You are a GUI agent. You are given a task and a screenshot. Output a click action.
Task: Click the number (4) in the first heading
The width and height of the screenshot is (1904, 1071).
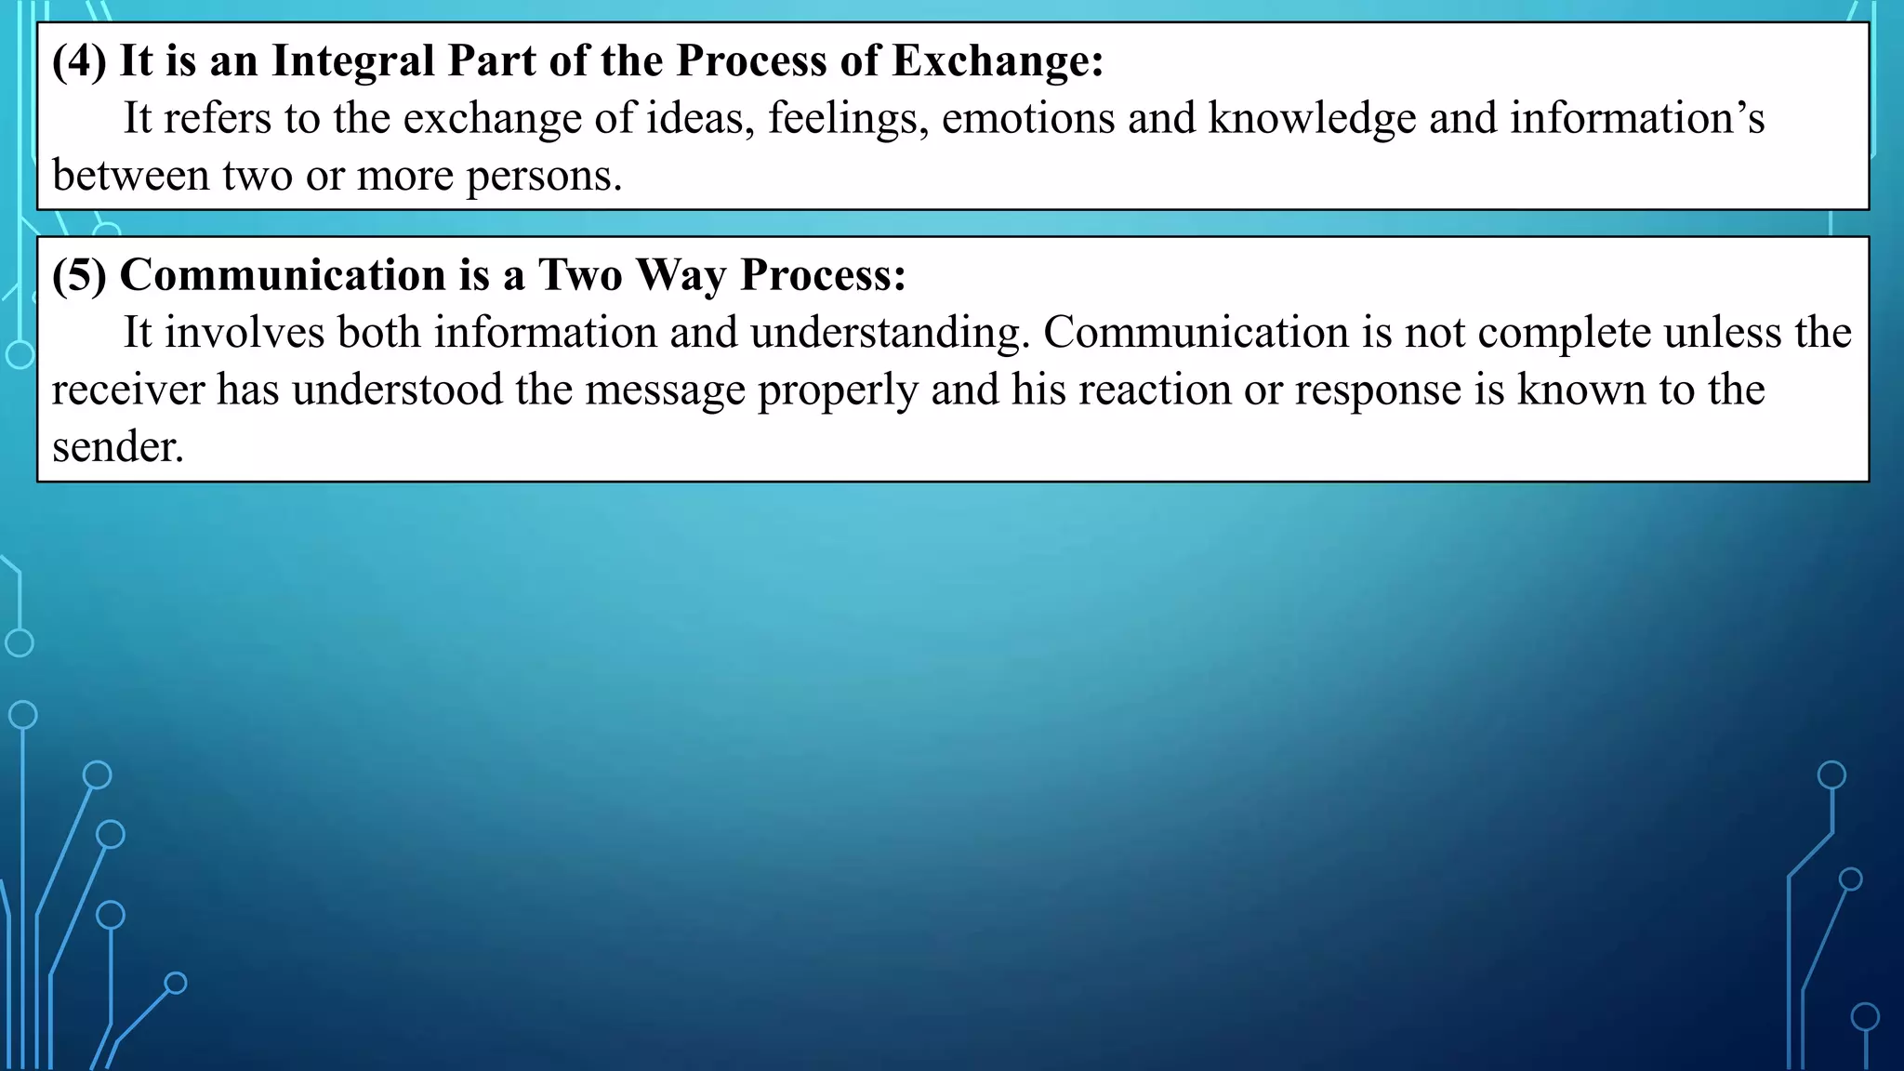(79, 61)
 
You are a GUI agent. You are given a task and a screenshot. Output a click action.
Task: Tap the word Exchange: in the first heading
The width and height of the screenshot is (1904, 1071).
(998, 61)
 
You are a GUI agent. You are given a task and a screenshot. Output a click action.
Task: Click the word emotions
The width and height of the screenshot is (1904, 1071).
(1027, 118)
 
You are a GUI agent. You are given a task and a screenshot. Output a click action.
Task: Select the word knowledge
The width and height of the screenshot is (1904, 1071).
(1312, 119)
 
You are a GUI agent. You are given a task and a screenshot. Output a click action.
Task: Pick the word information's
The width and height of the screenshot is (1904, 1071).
(1636, 118)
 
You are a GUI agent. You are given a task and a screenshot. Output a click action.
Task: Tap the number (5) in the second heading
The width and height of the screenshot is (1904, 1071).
(79, 275)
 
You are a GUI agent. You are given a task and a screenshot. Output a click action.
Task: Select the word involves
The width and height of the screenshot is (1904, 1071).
(245, 333)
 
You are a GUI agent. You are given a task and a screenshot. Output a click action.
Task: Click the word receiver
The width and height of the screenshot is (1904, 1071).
(127, 390)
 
